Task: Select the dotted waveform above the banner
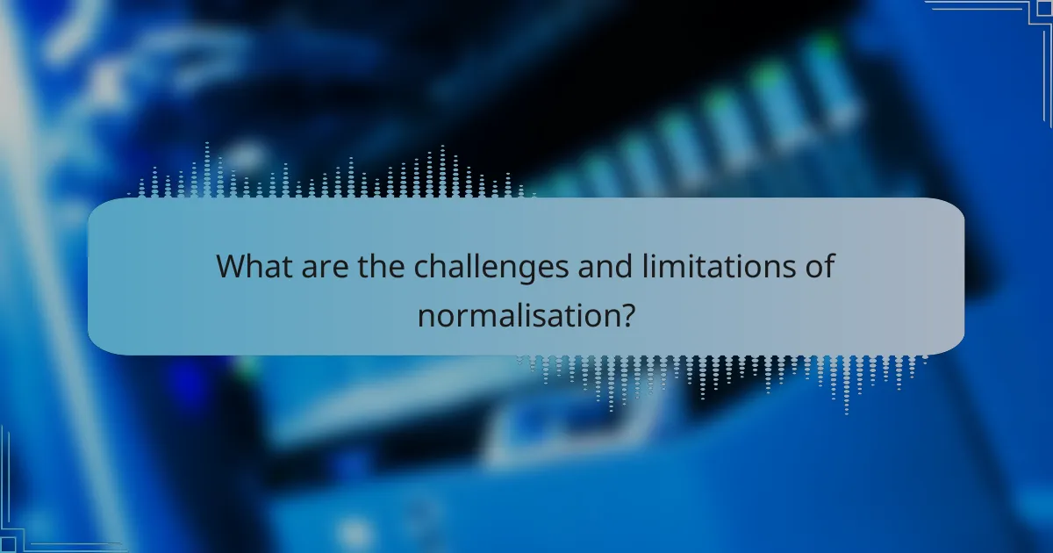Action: click(333, 176)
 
